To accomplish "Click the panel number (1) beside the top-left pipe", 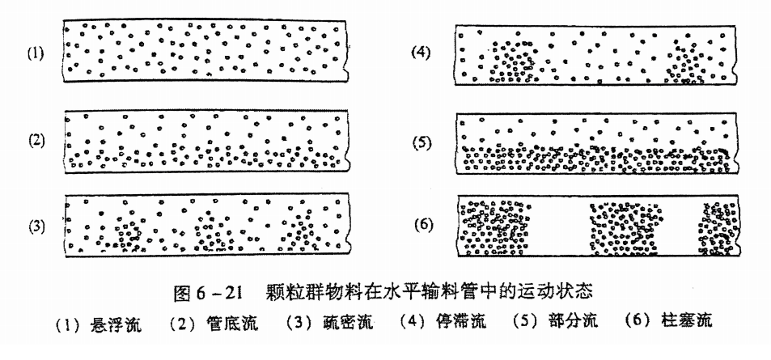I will (x=36, y=54).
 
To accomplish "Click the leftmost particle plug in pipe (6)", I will (x=494, y=227).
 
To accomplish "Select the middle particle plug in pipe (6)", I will (x=621, y=227).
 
